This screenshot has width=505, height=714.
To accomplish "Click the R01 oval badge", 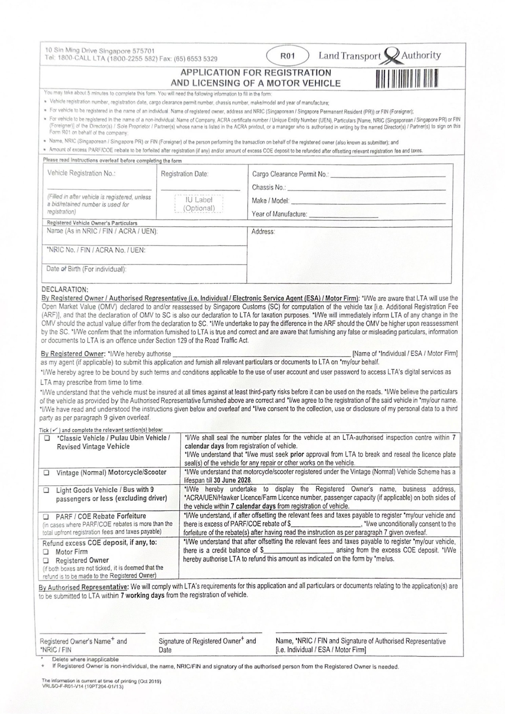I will pyautogui.click(x=287, y=56).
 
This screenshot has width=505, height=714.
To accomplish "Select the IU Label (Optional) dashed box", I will pyautogui.click(x=199, y=204).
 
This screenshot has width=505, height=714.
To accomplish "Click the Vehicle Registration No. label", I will pyautogui.click(x=81, y=173).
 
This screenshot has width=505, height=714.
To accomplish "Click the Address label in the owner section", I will pyautogui.click(x=263, y=232).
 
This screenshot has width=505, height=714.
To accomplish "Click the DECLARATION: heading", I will pyautogui.click(x=65, y=289).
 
